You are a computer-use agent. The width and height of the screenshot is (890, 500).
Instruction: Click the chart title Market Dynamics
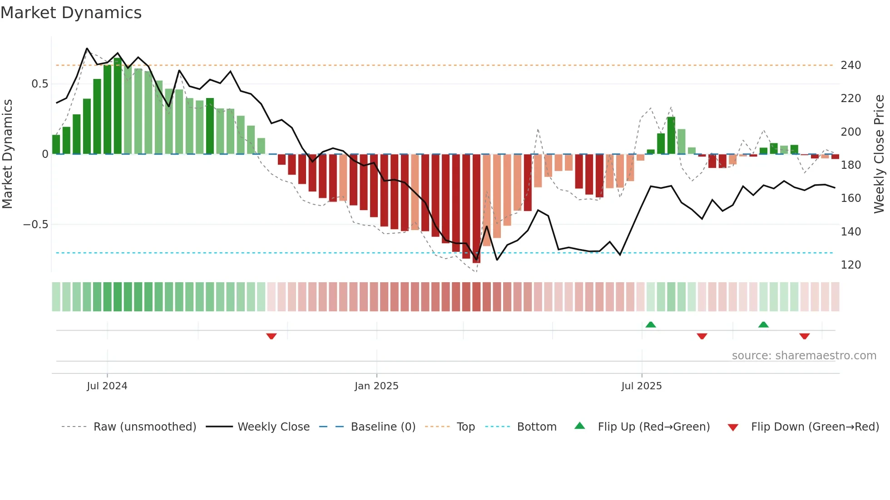point(71,13)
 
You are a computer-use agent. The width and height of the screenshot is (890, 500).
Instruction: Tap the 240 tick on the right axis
point(850,65)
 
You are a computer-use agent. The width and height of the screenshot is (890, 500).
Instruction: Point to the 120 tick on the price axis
point(850,265)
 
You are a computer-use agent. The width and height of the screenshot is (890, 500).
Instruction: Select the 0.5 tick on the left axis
point(40,84)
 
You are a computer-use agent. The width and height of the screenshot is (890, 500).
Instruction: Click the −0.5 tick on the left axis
point(35,225)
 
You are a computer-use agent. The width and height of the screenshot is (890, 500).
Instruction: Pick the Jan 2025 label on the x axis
point(376,386)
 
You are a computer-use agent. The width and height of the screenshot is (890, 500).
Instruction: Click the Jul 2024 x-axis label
point(107,386)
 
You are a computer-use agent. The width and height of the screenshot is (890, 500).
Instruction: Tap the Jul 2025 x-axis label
point(641,386)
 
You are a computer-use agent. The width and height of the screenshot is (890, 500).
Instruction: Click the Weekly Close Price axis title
point(879,154)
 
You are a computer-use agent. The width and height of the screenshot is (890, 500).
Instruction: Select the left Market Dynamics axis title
point(7,154)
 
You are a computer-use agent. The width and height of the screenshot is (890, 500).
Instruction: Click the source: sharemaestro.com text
point(804,356)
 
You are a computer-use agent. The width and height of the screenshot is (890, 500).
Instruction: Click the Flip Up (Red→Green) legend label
point(653,427)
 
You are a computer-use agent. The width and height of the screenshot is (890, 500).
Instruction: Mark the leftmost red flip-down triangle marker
point(272,336)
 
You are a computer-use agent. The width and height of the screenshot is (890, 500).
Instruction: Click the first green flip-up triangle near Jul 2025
point(651,324)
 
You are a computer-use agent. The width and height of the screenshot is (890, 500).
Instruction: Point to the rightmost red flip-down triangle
point(805,336)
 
